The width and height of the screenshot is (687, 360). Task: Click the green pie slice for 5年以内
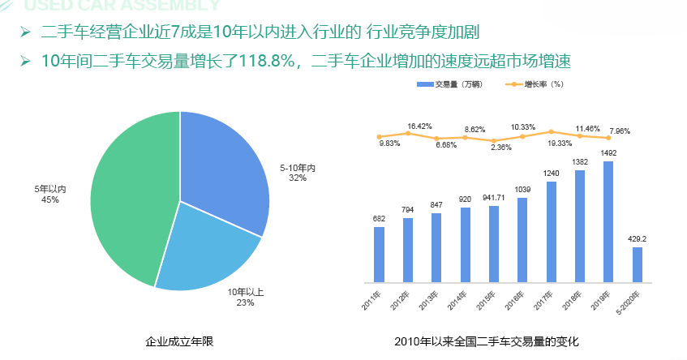click(x=130, y=203)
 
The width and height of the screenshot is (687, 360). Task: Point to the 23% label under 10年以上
click(x=246, y=302)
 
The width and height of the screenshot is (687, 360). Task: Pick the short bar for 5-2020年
click(x=637, y=264)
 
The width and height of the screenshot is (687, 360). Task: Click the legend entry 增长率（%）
click(x=536, y=84)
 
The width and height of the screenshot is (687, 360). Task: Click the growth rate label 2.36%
click(x=501, y=148)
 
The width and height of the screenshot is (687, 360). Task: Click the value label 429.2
click(x=637, y=239)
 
